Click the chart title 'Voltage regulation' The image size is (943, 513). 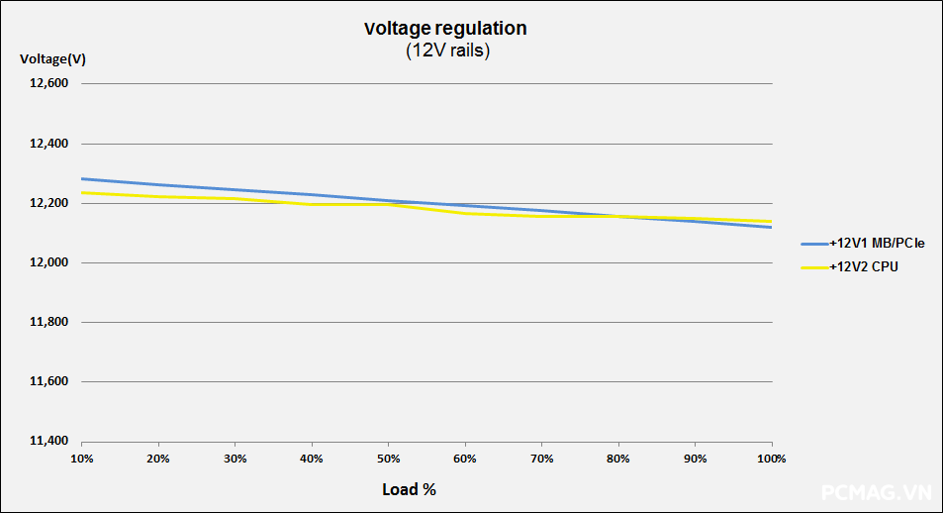click(445, 29)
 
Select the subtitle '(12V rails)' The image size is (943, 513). click(447, 51)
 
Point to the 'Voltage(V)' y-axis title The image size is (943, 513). click(52, 59)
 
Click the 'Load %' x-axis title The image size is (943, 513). click(409, 489)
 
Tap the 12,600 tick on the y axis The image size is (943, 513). click(47, 84)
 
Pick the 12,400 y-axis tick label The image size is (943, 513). click(47, 144)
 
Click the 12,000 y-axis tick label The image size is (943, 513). click(47, 262)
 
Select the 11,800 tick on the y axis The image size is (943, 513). click(47, 322)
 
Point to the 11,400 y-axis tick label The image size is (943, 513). click(47, 441)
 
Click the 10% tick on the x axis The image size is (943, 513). click(82, 459)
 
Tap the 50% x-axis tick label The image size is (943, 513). click(388, 459)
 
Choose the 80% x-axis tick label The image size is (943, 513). click(618, 459)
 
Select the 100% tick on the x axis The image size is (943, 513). click(771, 459)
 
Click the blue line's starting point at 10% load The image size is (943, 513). click(82, 179)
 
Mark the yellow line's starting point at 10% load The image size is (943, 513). click(82, 193)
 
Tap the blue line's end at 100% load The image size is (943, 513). click(772, 227)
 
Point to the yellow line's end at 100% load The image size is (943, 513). click(772, 221)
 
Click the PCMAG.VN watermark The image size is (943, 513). click(877, 491)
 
